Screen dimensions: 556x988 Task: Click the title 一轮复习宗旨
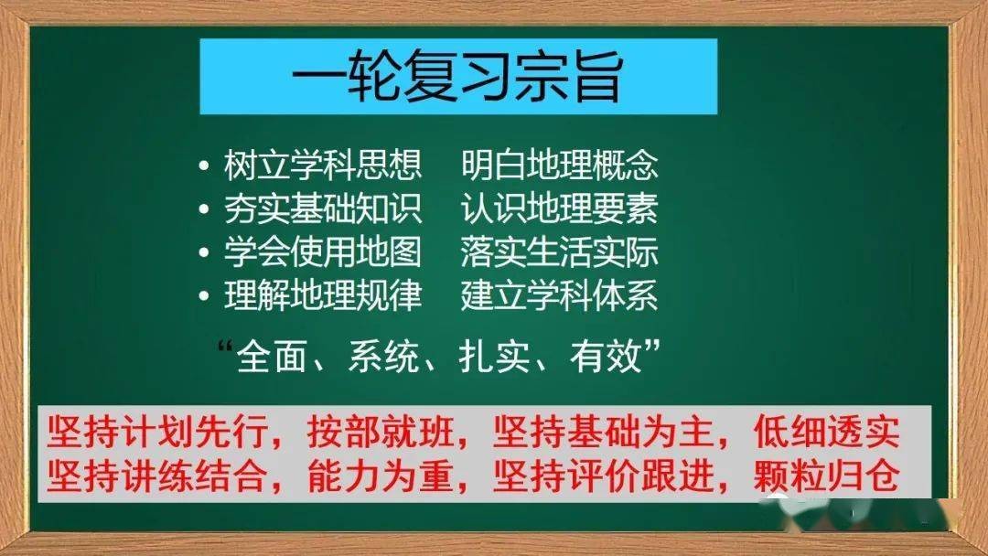pyautogui.click(x=457, y=77)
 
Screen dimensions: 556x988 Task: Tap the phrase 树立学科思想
pyautogui.click(x=323, y=166)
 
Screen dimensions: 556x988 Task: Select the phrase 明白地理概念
pyautogui.click(x=559, y=166)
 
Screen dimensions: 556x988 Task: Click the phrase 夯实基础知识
pyautogui.click(x=323, y=209)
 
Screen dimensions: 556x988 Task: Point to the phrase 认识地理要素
pyautogui.click(x=559, y=209)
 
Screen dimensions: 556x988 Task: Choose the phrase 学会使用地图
pyautogui.click(x=323, y=253)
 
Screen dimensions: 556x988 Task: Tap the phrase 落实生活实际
pyautogui.click(x=559, y=253)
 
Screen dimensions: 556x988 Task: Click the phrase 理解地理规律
pyautogui.click(x=323, y=297)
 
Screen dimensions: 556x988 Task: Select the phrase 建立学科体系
pyautogui.click(x=559, y=297)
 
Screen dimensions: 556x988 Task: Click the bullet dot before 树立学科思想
pyautogui.click(x=203, y=167)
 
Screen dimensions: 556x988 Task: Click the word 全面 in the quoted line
pyautogui.click(x=265, y=356)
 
